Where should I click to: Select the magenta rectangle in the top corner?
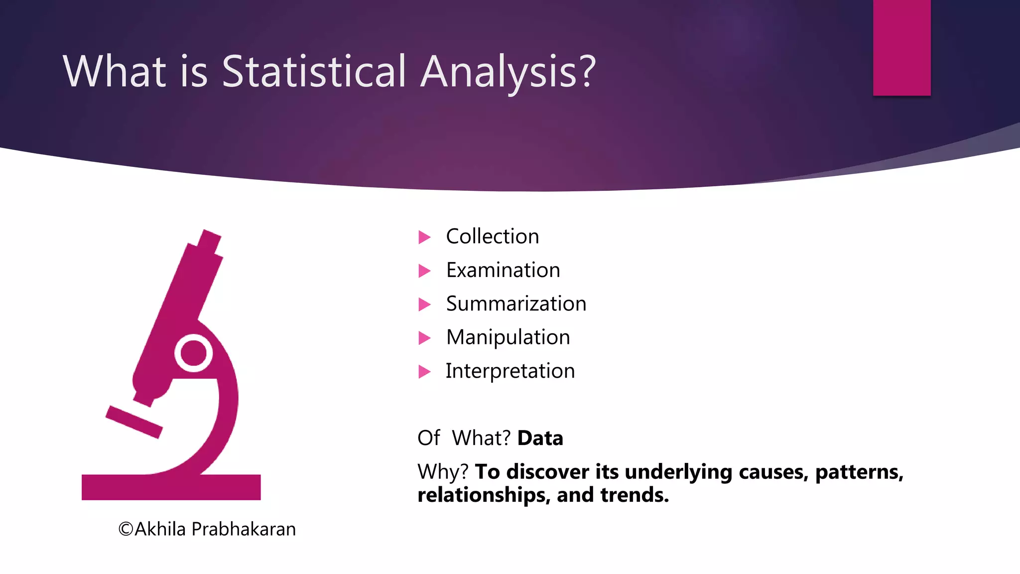(901, 47)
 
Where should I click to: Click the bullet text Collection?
(492, 236)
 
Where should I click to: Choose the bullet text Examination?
(503, 270)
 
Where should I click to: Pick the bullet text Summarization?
(516, 303)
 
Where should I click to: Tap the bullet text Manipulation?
(508, 337)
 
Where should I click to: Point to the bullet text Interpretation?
(510, 371)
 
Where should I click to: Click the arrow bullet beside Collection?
(424, 237)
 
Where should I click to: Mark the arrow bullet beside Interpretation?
(424, 372)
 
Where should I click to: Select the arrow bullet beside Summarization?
(424, 304)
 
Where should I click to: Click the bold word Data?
(540, 438)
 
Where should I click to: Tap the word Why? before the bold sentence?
(443, 472)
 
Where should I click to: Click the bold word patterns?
(859, 472)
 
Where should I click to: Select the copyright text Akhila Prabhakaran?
(207, 529)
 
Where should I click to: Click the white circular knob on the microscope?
(194, 353)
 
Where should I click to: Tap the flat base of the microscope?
(171, 487)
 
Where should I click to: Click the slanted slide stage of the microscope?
(133, 422)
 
